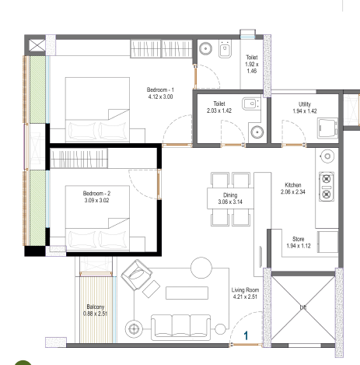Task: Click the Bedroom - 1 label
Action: coord(160,90)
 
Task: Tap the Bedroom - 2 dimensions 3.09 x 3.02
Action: coord(96,200)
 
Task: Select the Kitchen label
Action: coord(293,185)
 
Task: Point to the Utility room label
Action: coord(305,104)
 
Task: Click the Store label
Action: coord(299,239)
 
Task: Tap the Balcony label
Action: coord(96,307)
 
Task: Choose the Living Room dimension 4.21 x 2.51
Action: coord(245,297)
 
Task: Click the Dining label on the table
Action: coord(230,195)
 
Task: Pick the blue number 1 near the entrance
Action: coord(246,335)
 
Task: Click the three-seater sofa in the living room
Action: coord(180,328)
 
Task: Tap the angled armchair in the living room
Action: coord(137,275)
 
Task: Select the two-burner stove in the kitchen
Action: coord(327,186)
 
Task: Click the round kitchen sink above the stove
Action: coord(327,156)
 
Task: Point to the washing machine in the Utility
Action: coord(328,128)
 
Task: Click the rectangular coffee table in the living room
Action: coord(187,293)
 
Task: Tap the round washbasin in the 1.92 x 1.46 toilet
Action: coord(206,48)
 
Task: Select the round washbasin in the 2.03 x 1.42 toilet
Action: coord(257,132)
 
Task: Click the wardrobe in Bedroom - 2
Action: coord(79,158)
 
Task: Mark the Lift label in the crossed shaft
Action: coord(303,307)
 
